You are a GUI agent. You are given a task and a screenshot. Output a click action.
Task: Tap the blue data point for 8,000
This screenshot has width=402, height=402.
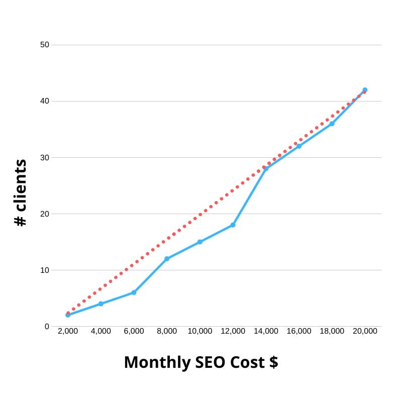tap(167, 259)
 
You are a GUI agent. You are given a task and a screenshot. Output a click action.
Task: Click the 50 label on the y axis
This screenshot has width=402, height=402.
tap(45, 45)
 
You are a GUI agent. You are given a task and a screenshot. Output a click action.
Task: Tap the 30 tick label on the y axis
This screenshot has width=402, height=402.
tap(45, 157)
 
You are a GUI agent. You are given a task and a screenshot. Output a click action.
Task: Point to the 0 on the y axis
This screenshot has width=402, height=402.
tap(47, 326)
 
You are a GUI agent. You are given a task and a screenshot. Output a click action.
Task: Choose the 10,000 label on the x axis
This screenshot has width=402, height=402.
tap(200, 331)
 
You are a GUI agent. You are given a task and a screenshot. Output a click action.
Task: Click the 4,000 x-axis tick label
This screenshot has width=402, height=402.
tap(101, 331)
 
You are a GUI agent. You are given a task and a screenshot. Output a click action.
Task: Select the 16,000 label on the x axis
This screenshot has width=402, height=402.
tap(299, 331)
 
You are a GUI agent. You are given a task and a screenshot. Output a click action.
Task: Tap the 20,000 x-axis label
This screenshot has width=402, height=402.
tap(365, 331)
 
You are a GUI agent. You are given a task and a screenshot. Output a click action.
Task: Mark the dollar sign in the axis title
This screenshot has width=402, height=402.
tap(273, 362)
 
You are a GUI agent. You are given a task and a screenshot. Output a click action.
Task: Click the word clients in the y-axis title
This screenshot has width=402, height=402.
tap(20, 185)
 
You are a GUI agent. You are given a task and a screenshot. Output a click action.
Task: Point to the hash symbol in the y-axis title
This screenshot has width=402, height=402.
tap(20, 220)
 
